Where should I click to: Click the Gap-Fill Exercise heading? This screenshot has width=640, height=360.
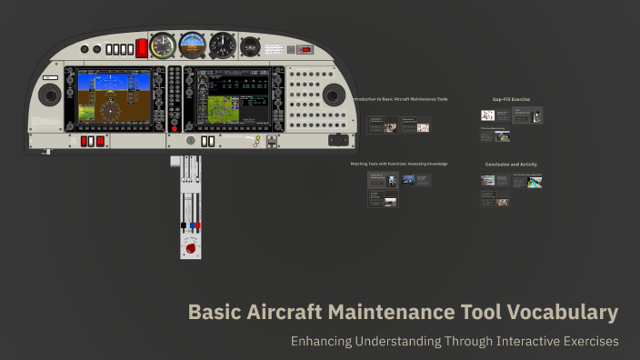click(x=511, y=98)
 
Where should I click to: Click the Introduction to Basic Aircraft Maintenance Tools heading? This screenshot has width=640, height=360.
click(x=403, y=98)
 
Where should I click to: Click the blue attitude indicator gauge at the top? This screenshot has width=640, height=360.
click(x=193, y=45)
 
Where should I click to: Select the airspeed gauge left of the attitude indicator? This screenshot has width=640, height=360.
click(x=164, y=45)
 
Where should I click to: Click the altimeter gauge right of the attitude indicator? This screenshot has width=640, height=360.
click(x=223, y=45)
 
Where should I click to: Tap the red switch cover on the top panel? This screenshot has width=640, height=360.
click(x=141, y=48)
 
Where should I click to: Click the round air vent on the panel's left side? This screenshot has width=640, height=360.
click(x=49, y=94)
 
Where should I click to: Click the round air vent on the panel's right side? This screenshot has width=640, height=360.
click(x=334, y=94)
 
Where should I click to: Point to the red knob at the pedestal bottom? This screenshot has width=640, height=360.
click(x=191, y=246)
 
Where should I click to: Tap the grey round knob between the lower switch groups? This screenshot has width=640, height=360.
click(x=190, y=141)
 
